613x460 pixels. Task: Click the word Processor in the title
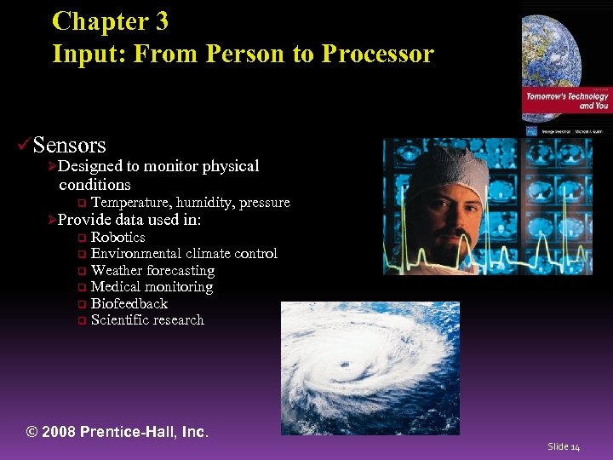coord(377,55)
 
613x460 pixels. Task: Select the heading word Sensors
coord(70,146)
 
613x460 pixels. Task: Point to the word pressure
coord(265,203)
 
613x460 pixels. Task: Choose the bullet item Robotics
coord(117,238)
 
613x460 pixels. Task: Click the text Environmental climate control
coord(184,254)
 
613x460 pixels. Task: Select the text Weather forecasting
coord(152,271)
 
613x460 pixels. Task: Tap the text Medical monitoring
coord(152,287)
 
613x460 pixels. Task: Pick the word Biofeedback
coord(129,304)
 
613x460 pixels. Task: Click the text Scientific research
coord(147,320)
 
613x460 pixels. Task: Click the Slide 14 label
coord(564,446)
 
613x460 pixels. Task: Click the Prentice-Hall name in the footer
coord(129,432)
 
